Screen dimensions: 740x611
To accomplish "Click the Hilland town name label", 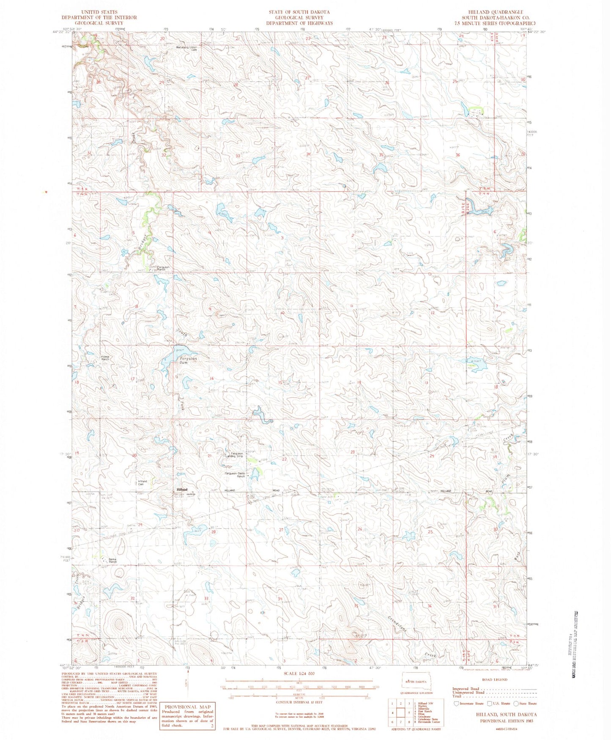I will point(182,490).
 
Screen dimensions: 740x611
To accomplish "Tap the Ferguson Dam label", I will point(186,360).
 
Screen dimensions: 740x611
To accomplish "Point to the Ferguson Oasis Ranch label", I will point(235,474).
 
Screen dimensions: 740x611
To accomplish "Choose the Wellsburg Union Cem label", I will point(187,48).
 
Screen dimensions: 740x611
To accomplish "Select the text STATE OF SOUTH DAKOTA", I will point(299,12).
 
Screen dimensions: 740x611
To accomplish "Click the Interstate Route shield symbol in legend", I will point(456,704).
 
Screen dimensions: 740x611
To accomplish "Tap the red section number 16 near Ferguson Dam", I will point(211,379).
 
